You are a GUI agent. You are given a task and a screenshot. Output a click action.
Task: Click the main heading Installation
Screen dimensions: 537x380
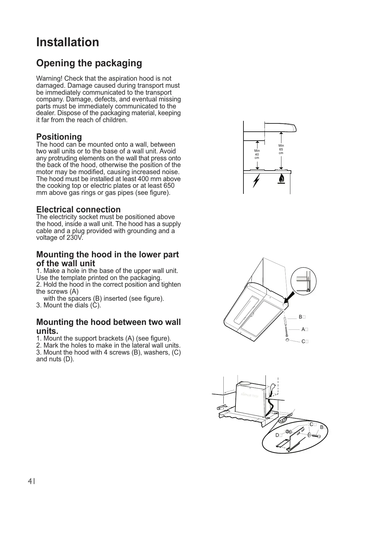(68, 42)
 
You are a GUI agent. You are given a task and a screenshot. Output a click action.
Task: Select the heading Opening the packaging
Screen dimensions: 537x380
(89, 63)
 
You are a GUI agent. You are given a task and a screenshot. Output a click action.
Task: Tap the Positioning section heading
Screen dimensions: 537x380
(59, 137)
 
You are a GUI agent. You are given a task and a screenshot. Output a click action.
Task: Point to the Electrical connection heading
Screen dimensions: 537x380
(78, 210)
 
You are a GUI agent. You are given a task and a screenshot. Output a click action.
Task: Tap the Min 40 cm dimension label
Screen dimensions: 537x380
(257, 154)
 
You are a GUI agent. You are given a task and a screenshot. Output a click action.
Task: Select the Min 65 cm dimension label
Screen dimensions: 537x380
(281, 149)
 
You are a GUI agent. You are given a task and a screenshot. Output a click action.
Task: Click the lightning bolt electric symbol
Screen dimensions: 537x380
(257, 181)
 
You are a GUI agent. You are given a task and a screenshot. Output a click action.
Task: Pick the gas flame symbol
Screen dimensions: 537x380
(281, 179)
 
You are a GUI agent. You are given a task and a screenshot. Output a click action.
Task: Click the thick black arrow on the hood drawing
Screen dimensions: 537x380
(289, 298)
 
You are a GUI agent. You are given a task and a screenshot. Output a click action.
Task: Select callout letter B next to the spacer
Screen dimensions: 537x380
(300, 317)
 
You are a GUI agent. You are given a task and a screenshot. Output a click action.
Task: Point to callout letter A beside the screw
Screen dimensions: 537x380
(303, 329)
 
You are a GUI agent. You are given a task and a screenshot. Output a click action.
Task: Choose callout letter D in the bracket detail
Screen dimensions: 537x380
(277, 435)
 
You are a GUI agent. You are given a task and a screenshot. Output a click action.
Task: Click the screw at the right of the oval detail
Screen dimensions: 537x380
(316, 436)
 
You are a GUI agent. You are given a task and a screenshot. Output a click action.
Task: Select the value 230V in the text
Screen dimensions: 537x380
(75, 238)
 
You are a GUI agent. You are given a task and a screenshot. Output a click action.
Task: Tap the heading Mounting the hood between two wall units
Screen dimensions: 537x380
(108, 326)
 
